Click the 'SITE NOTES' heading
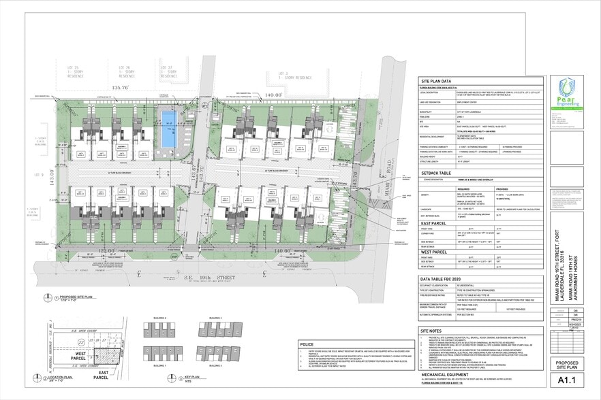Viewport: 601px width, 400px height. (432, 331)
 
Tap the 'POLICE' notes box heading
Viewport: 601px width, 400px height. (306, 345)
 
